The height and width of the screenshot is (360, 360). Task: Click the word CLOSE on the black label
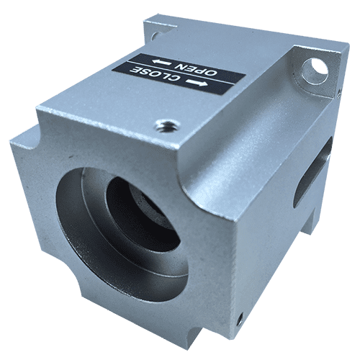[x=155, y=74]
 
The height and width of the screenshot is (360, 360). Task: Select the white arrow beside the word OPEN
[x=162, y=63]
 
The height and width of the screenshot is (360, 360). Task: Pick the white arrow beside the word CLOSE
[x=197, y=83]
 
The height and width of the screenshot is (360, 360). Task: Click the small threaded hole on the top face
[x=168, y=125]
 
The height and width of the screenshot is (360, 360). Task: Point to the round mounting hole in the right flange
[x=315, y=71]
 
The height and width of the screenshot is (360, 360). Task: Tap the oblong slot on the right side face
[x=312, y=171]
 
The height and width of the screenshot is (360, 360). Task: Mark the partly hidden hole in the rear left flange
[x=155, y=36]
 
